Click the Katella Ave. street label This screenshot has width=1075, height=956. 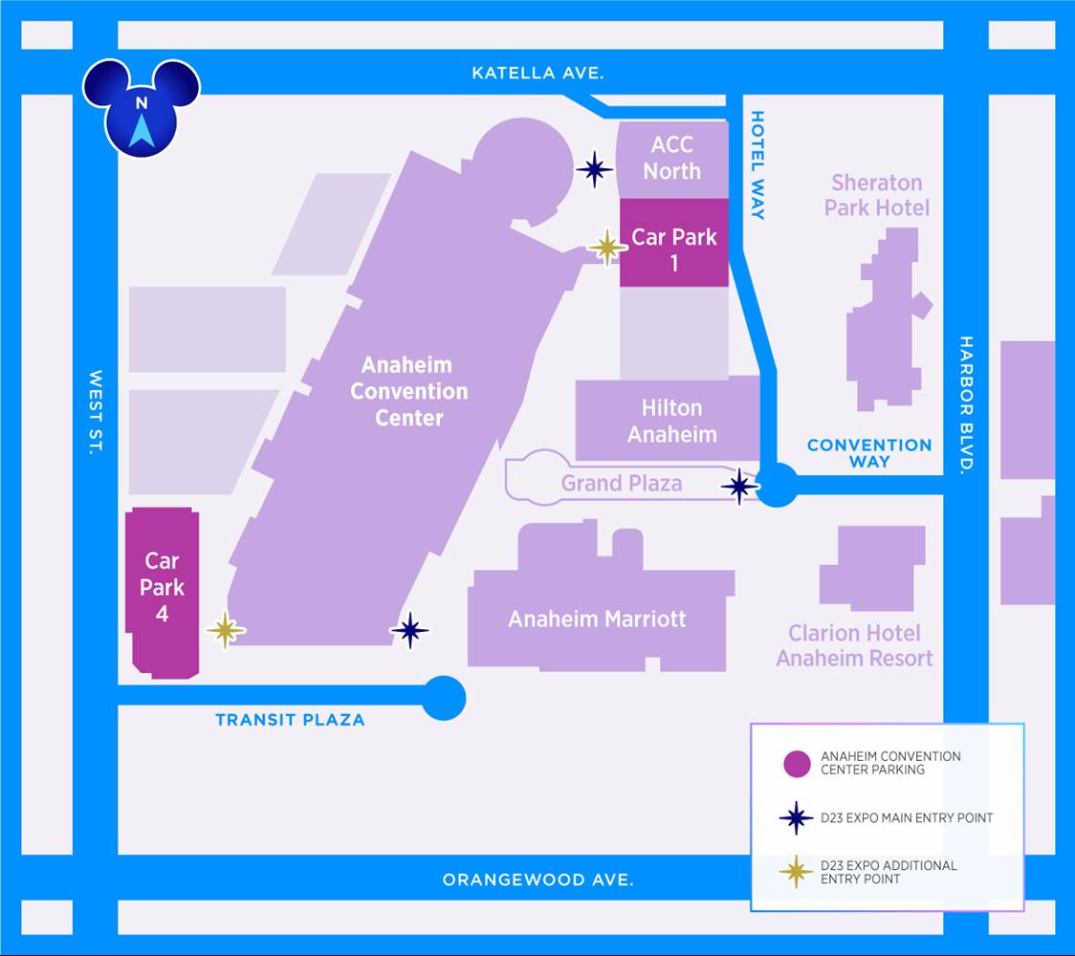pos(537,73)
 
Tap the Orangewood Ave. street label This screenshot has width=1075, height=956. pos(537,880)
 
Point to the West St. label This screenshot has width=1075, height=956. pos(96,412)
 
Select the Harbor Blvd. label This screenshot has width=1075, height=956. pos(966,403)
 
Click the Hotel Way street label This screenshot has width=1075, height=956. pos(757,165)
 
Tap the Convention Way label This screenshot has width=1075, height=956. pos(869,453)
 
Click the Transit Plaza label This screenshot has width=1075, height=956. pos(290,720)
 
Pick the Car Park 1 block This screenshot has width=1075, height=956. pos(674,243)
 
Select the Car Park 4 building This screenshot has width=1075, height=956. pos(163,593)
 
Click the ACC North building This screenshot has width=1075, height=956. pos(672,160)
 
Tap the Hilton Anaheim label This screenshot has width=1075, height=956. pos(671,421)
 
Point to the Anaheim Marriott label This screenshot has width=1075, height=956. pos(597,619)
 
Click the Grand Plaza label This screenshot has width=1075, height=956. pos(622,483)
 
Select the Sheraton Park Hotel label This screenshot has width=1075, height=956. pos(877,195)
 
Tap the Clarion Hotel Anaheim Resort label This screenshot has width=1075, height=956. pos(854,645)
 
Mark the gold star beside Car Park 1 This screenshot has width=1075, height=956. pos(606,248)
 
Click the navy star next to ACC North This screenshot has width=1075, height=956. pos(594,168)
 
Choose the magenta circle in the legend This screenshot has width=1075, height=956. pos(797,764)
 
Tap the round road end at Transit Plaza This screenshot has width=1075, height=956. pos(444,698)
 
